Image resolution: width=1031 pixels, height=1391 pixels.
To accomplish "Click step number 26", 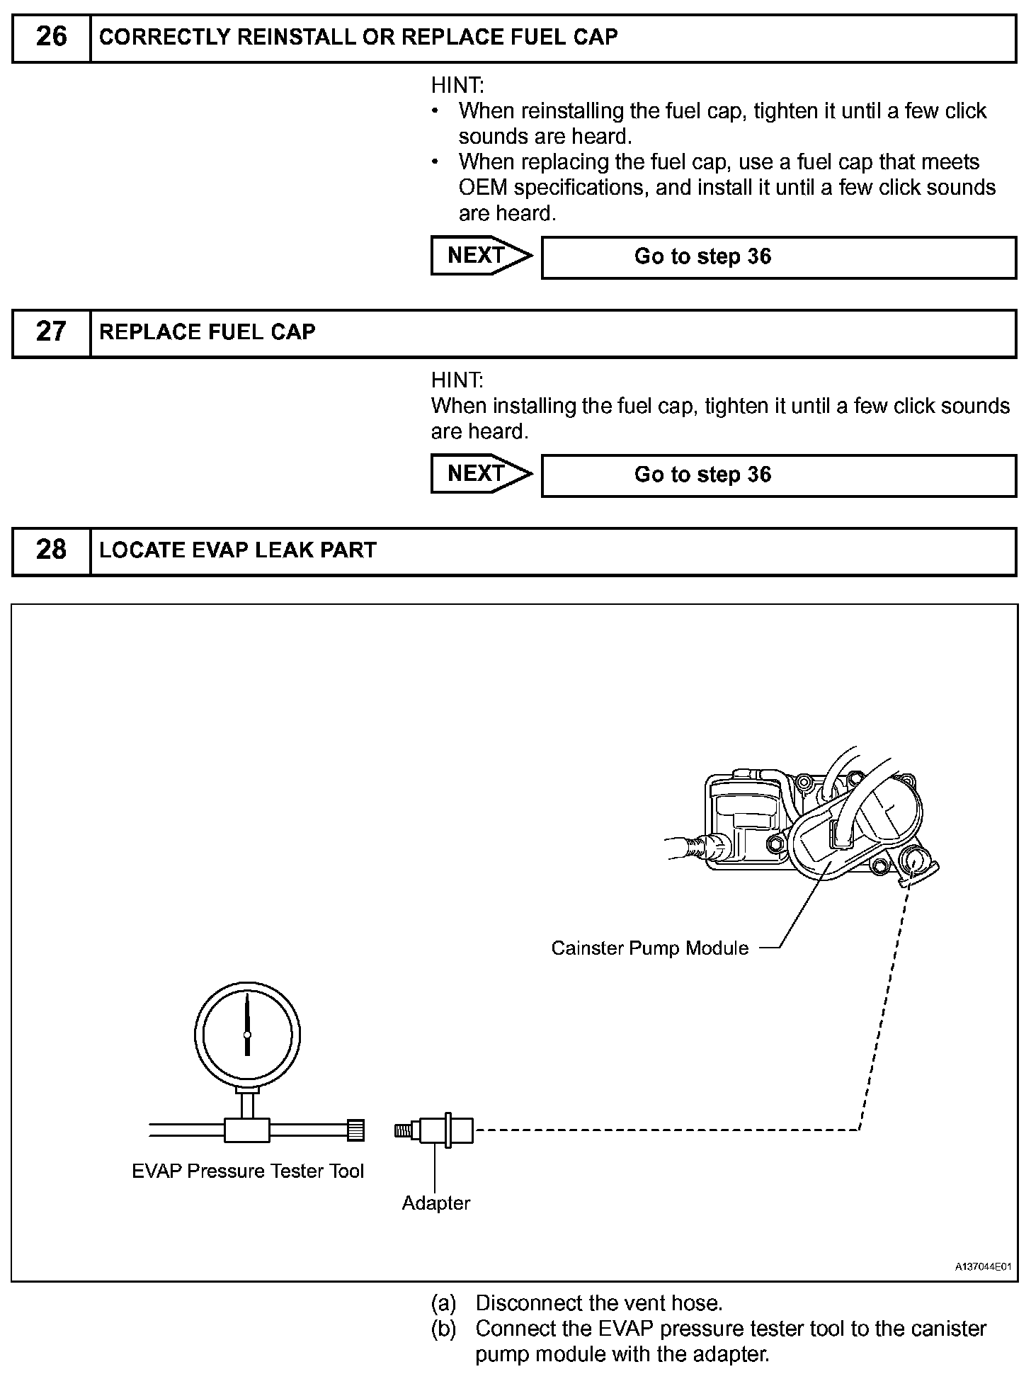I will click(x=51, y=37).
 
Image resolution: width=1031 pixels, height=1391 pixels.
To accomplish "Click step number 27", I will click(x=51, y=332).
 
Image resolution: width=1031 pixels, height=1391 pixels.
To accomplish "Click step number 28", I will click(x=51, y=550).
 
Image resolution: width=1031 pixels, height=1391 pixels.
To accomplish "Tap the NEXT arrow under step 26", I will click(x=481, y=256).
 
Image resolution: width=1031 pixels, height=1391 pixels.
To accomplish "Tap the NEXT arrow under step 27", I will click(x=481, y=474).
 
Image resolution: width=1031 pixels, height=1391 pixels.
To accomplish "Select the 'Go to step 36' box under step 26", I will click(x=778, y=257).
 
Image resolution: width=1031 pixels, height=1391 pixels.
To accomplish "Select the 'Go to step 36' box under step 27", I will click(x=778, y=475).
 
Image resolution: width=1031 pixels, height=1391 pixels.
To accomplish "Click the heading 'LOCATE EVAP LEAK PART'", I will click(x=238, y=550).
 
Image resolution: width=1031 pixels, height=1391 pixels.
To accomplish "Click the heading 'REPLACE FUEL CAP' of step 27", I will click(x=207, y=332).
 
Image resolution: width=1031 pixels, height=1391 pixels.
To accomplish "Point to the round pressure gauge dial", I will click(x=247, y=1035).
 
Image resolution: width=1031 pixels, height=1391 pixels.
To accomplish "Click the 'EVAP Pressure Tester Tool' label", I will click(x=248, y=1171).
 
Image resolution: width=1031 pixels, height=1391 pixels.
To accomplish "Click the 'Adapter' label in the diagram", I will click(x=435, y=1203).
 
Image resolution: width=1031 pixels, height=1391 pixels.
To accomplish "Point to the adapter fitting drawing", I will click(x=434, y=1130).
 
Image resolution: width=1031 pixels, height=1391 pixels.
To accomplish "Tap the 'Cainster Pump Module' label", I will click(x=649, y=948).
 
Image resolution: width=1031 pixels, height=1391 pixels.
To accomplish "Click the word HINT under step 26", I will click(x=457, y=86).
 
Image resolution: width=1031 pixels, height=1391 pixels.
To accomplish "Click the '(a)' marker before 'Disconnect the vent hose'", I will click(x=443, y=1303).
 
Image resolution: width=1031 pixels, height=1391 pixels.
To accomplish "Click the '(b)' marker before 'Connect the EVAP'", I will click(x=443, y=1329).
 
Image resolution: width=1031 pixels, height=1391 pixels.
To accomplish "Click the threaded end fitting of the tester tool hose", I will click(x=355, y=1130).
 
